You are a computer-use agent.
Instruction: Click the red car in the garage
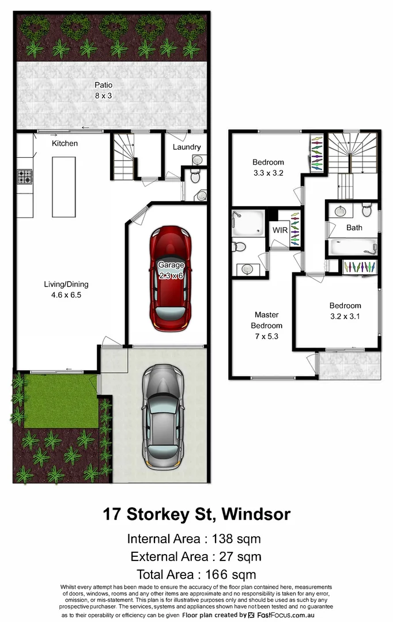(x=171, y=279)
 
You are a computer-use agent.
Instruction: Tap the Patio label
(x=104, y=85)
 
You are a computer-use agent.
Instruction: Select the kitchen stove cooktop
(x=25, y=176)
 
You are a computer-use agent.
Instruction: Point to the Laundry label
(x=187, y=147)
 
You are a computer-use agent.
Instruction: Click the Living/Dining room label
(x=66, y=284)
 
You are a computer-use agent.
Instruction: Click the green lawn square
(x=61, y=400)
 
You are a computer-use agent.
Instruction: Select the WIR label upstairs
(x=280, y=230)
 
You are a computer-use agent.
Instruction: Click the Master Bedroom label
(x=266, y=320)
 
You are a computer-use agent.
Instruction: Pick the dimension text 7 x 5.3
(x=266, y=336)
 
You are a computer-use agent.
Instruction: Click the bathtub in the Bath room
(x=353, y=247)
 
